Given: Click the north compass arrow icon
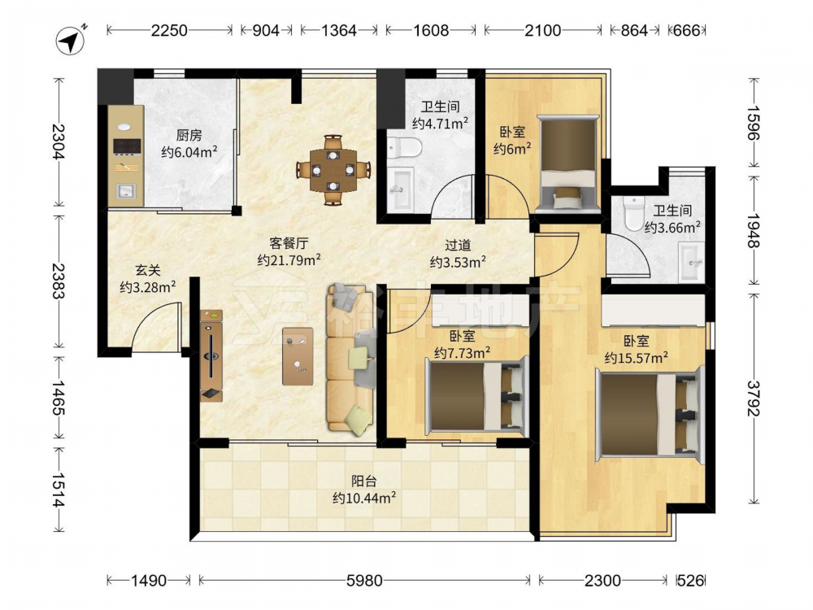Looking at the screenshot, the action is tap(71, 39).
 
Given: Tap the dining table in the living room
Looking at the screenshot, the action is tap(333, 170).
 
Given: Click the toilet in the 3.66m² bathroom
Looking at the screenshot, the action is tap(633, 214).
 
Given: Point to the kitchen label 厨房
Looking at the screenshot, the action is tap(189, 135).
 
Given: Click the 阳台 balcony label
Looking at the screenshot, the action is tap(364, 481).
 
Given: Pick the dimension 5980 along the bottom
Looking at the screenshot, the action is tap(364, 581).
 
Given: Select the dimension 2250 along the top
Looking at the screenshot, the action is tap(169, 31).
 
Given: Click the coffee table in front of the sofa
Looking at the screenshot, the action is tap(298, 356).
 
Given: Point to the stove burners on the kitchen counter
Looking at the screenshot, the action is tap(127, 146).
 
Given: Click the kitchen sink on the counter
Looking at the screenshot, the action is tap(125, 191).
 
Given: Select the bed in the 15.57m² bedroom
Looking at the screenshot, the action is tap(649, 413).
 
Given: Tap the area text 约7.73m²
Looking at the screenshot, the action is tap(463, 353).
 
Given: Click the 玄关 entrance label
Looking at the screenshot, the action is tap(148, 270).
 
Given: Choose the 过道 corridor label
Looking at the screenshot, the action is tap(458, 245).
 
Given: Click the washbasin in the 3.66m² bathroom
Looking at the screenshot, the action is tap(691, 263).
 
